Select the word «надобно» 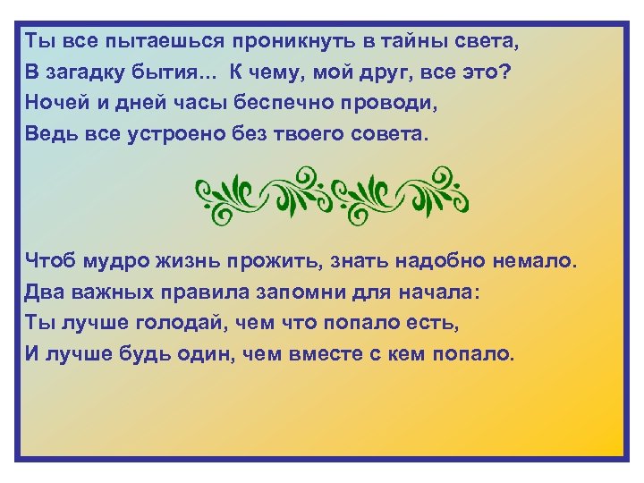pyautogui.click(x=433, y=262)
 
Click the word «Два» pyautogui.click(x=45, y=292)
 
